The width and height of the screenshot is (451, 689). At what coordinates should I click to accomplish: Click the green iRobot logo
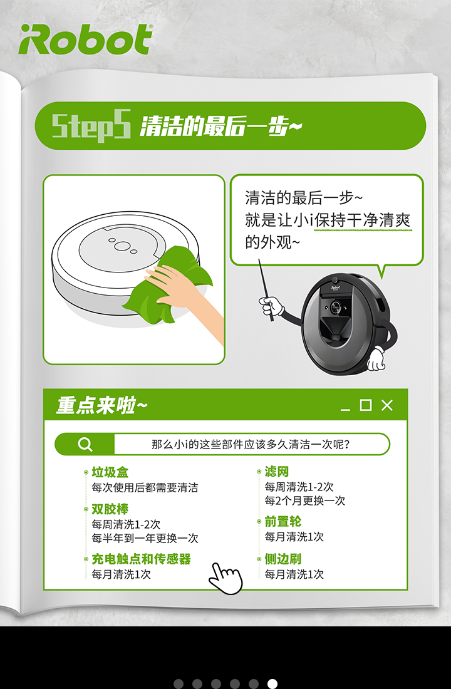[86, 39]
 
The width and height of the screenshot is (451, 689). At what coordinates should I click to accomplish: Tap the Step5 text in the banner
[91, 126]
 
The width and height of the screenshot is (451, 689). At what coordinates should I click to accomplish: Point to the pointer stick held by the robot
[266, 289]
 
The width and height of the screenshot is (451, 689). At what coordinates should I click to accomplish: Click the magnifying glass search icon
[85, 444]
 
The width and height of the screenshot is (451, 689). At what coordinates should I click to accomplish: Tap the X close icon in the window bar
[387, 405]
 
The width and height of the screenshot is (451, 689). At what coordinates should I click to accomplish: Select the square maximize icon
[366, 405]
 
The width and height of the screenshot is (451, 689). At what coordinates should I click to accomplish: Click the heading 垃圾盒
[110, 472]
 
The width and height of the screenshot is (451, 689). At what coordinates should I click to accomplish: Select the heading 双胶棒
[110, 509]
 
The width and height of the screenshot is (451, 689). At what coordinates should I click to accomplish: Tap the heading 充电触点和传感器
[141, 559]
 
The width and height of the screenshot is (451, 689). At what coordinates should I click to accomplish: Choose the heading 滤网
[276, 472]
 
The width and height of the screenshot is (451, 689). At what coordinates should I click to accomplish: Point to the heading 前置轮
[283, 522]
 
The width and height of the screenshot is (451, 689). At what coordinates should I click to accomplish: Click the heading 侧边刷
[283, 559]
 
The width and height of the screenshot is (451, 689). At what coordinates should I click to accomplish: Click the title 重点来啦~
[101, 405]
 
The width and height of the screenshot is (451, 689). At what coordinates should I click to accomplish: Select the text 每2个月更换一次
[304, 501]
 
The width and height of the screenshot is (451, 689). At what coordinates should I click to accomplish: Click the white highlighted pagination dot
[272, 684]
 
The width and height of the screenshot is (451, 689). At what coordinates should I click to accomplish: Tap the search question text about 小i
[251, 444]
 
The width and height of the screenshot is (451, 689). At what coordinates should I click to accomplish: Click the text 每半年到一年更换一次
[145, 538]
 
